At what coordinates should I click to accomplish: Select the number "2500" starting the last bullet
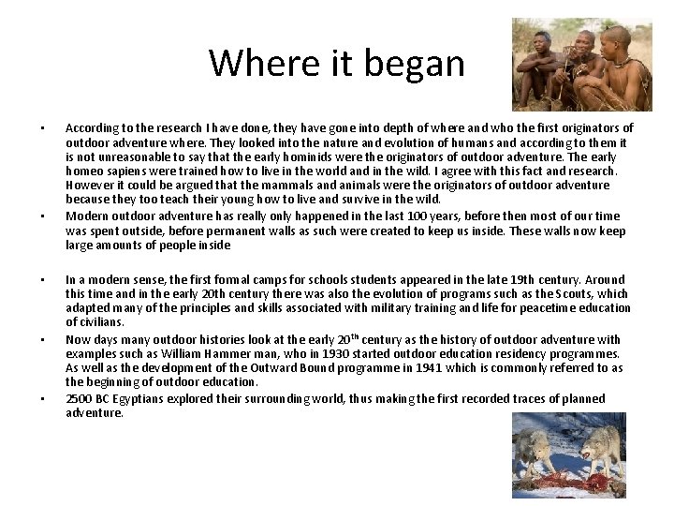(80, 398)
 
